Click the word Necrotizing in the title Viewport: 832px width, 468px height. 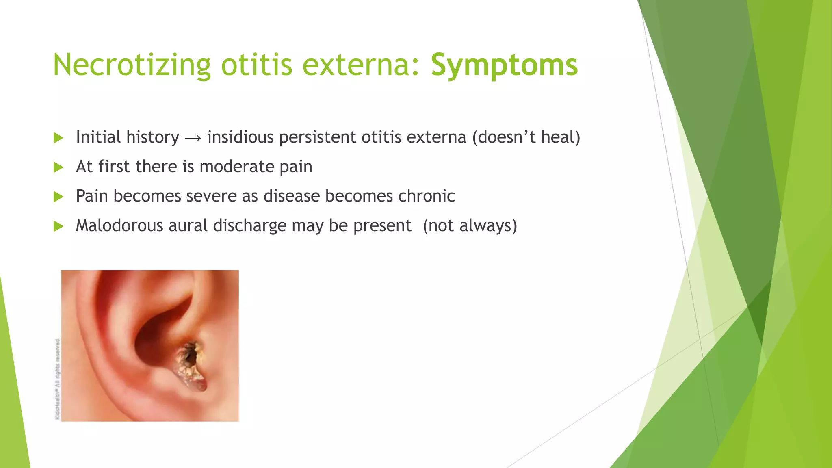(x=132, y=65)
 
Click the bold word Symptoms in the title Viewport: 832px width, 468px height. (x=504, y=65)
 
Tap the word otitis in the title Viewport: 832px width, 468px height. (x=256, y=65)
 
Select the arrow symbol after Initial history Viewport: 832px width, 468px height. (x=193, y=138)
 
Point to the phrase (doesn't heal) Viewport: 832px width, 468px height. (x=526, y=137)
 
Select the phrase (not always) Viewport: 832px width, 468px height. (x=470, y=226)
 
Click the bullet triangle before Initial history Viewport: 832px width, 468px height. (x=58, y=138)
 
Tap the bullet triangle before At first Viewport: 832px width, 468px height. (x=58, y=167)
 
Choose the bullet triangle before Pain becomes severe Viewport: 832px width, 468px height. (x=58, y=197)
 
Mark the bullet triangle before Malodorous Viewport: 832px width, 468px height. (x=58, y=227)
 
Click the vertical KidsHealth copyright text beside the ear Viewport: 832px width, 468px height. (x=58, y=378)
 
